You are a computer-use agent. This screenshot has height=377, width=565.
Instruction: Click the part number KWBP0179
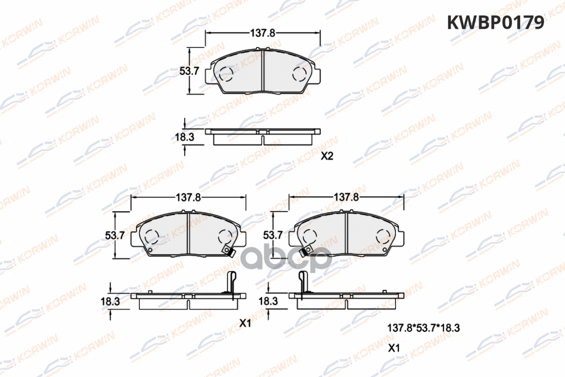[495, 23]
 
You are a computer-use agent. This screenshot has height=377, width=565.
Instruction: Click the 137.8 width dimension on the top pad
[262, 33]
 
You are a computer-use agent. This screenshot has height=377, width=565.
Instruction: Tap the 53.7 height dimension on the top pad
[189, 71]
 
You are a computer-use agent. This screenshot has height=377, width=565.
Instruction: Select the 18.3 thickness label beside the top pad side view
[185, 137]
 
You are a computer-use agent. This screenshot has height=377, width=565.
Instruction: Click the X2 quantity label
[327, 156]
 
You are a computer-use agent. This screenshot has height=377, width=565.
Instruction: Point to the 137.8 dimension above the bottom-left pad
[188, 197]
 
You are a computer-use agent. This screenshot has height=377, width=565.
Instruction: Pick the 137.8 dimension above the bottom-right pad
[347, 197]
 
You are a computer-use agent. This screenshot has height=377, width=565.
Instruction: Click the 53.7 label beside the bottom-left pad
[115, 235]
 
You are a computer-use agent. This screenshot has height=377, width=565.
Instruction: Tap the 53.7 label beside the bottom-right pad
[273, 235]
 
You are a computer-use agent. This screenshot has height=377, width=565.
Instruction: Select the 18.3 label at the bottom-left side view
[110, 302]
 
